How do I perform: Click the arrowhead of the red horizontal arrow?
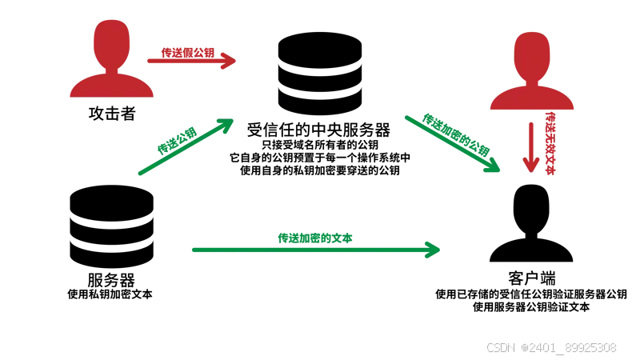click(229, 61)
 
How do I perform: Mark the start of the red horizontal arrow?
click(144, 61)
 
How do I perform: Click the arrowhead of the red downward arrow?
click(530, 162)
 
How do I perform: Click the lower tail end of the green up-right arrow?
click(140, 174)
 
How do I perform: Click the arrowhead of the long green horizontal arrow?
click(433, 250)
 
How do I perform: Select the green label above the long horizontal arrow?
click(315, 237)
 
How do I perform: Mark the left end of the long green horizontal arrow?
click(191, 250)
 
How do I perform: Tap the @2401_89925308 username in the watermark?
click(569, 346)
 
